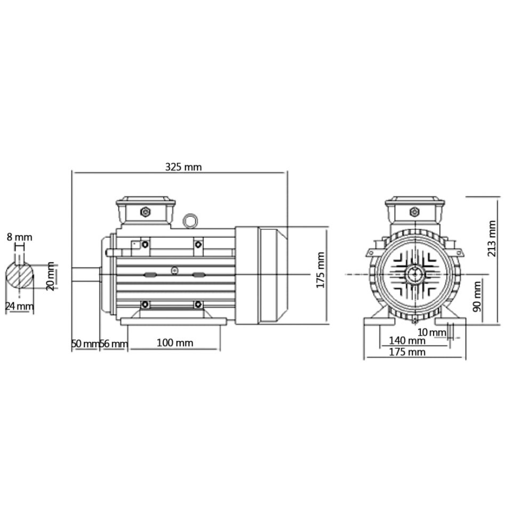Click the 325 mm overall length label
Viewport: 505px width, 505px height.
(183, 167)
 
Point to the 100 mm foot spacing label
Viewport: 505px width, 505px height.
(175, 343)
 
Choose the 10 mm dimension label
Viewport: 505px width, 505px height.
(431, 333)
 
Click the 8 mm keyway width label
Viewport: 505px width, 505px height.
(19, 237)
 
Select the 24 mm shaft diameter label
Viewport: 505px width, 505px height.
(19, 307)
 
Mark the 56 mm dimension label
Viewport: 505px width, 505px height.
(114, 344)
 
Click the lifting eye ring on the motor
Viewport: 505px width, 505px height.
(190, 221)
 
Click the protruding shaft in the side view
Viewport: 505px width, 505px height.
(86, 274)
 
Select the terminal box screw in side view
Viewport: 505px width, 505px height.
(145, 212)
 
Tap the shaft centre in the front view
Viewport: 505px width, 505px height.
(414, 275)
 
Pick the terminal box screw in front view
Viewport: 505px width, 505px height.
(414, 212)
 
